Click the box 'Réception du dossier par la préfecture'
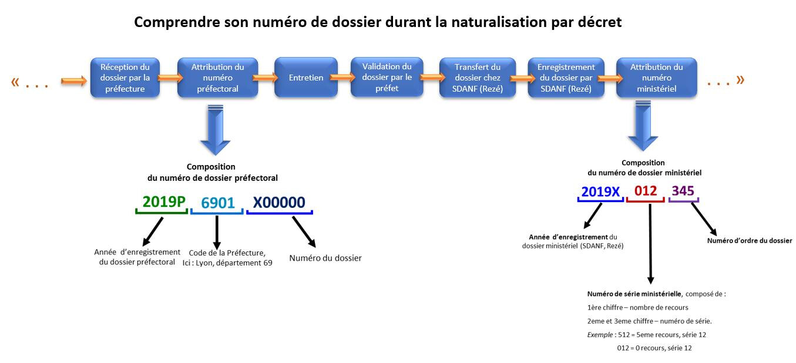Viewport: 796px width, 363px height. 125,78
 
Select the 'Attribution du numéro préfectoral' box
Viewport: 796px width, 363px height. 217,78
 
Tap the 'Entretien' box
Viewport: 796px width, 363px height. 306,77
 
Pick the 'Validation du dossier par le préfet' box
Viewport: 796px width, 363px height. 387,77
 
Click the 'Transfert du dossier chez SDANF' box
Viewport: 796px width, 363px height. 477,78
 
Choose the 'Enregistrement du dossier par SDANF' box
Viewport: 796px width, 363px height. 566,78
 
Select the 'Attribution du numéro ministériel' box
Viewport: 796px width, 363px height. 656,78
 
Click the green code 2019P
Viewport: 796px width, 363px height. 164,201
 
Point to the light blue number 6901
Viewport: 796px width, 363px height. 218,203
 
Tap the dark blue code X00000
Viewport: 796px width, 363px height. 279,203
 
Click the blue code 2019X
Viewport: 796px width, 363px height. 600,192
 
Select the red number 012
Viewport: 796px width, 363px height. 646,191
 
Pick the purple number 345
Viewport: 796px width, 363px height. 683,191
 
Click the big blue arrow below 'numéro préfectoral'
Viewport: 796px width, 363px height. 216,130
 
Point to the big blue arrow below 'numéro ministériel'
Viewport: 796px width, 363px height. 643,126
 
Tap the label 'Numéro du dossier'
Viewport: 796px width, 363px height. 325,258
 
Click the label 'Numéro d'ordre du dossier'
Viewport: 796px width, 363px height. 750,240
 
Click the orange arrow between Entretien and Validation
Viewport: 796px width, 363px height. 342,77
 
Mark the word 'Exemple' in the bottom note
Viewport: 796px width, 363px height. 600,335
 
